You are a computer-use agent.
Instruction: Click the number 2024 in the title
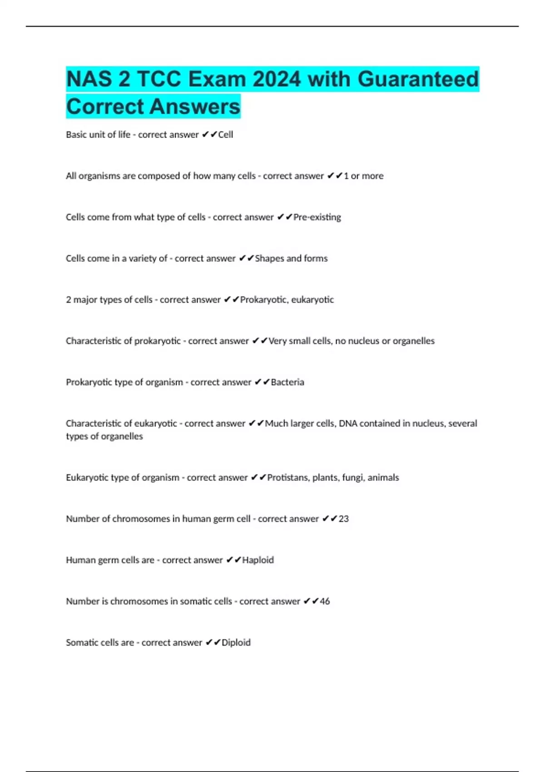point(277,79)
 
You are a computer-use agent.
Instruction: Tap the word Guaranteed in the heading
point(418,79)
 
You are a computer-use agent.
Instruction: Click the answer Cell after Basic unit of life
point(226,135)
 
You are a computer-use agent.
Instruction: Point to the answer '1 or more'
point(363,176)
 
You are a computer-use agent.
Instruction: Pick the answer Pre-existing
point(317,218)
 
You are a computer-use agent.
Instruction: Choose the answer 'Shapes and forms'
point(291,259)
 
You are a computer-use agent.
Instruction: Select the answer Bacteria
point(287,382)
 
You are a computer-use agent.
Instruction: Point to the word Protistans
point(287,478)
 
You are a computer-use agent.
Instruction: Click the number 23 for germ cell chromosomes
point(344,519)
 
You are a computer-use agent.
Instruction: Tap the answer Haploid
point(258,560)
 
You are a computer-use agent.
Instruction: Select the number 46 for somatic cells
point(325,602)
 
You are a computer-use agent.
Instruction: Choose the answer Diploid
point(236,643)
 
